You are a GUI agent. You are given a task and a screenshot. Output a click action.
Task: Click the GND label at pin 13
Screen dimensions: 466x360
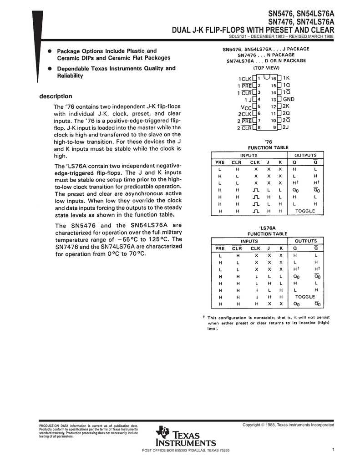(x=289, y=99)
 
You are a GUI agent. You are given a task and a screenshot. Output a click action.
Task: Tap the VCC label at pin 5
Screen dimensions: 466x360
(x=246, y=106)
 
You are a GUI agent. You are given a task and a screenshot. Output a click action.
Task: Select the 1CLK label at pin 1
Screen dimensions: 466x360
(x=245, y=79)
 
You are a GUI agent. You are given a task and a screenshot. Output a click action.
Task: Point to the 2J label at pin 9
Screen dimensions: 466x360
(x=286, y=127)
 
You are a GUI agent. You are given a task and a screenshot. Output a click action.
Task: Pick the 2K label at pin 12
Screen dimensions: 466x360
(x=286, y=106)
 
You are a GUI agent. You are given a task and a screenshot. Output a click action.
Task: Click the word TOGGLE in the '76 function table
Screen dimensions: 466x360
(x=305, y=211)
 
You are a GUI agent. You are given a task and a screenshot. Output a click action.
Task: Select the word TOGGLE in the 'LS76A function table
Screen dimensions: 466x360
(x=305, y=296)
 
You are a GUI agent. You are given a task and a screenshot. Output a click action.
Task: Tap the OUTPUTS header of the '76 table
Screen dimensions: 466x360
(x=305, y=155)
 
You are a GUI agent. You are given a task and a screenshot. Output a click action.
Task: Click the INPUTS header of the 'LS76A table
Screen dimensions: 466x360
(x=249, y=241)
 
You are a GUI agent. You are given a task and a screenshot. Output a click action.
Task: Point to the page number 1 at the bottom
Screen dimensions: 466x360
(x=333, y=450)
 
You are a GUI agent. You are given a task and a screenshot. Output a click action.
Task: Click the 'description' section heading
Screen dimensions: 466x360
(x=56, y=96)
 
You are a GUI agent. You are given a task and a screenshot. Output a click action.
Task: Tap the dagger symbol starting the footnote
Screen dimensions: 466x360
(x=204, y=317)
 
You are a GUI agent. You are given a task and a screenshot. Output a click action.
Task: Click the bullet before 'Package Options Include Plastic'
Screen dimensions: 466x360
(x=49, y=51)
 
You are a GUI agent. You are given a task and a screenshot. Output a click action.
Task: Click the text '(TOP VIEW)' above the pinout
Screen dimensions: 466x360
(x=266, y=67)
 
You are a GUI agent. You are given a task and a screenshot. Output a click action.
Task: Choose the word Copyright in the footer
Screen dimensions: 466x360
(x=253, y=425)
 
